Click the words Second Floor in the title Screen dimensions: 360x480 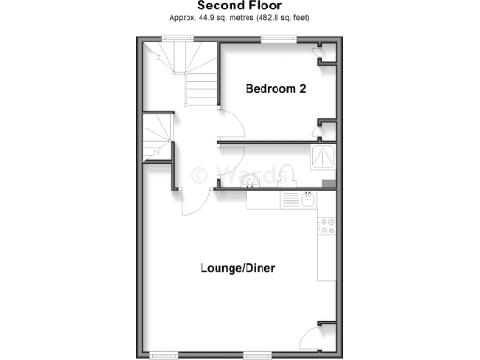pos(240,6)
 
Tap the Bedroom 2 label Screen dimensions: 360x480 pos(276,89)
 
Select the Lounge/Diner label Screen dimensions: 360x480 pos(237,268)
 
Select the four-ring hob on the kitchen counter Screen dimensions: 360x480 pos(327,225)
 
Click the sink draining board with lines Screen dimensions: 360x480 pos(286,200)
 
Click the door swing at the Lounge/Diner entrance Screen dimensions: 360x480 pos(192,197)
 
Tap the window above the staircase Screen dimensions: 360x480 pos(176,38)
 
